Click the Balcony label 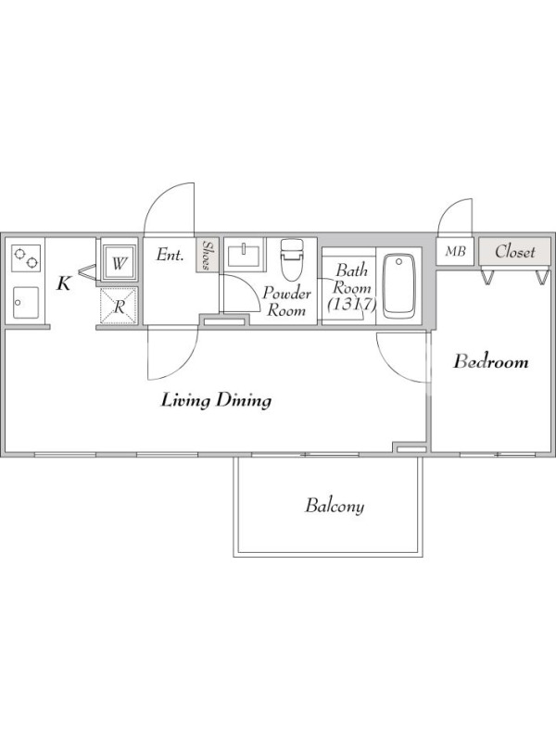pos(335,506)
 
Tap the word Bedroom pos(491,362)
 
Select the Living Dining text pos(216,401)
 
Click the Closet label pos(515,251)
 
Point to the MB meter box pos(455,251)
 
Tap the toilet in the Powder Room pos(291,259)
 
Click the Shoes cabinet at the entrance pos(207,255)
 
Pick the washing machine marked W pos(119,263)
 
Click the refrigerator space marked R pos(119,308)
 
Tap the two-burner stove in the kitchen pos(26,258)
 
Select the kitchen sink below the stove pos(26,303)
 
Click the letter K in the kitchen pos(64,284)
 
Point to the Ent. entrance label pos(170,256)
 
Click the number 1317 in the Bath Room pos(352,305)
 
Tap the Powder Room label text pos(286,302)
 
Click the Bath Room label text pos(352,280)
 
